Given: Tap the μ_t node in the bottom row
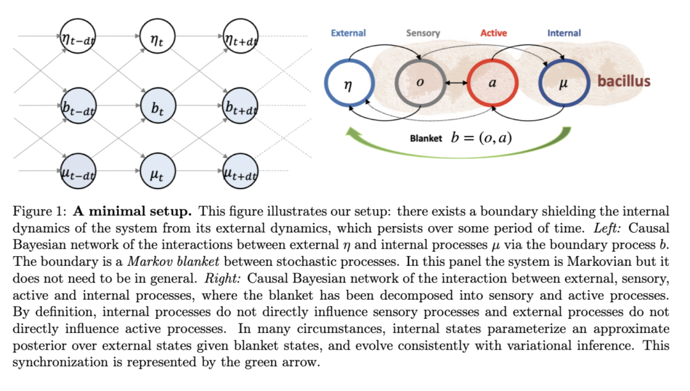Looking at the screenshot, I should [158, 171].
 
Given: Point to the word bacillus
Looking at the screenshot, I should [624, 82].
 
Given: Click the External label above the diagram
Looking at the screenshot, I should [348, 33].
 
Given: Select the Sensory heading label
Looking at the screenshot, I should [422, 33].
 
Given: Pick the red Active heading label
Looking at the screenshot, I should [494, 33].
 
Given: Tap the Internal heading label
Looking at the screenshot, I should [564, 33].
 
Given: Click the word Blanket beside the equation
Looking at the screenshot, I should [425, 138].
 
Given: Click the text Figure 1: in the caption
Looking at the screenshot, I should [41, 211].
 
